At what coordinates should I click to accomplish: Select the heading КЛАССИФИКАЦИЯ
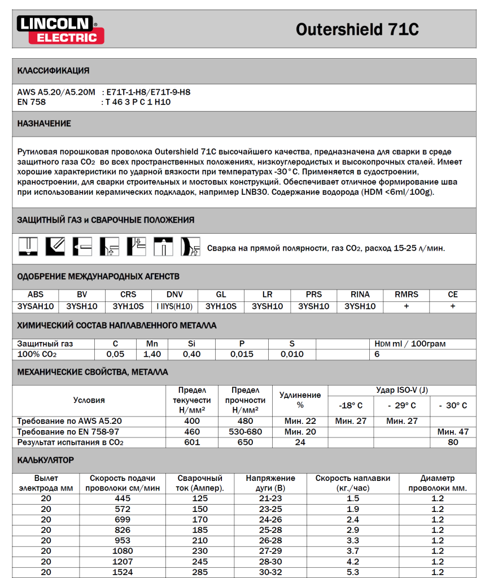tap(53, 71)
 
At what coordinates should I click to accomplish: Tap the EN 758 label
tap(32, 102)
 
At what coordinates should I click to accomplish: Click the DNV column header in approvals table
tap(174, 295)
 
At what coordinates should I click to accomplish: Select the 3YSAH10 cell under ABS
tap(36, 306)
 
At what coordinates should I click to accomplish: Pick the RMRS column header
tap(407, 295)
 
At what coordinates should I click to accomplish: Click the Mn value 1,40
tap(152, 354)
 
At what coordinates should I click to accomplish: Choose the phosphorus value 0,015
tap(242, 354)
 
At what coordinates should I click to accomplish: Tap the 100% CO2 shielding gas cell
tap(37, 354)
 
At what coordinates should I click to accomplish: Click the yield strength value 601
tap(192, 442)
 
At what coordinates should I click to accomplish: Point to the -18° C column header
tap(351, 405)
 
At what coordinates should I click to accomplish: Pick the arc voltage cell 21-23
tap(270, 498)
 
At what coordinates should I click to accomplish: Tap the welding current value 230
tap(200, 551)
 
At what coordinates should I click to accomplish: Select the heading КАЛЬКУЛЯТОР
tap(46, 460)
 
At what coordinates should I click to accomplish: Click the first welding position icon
tap(28, 246)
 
